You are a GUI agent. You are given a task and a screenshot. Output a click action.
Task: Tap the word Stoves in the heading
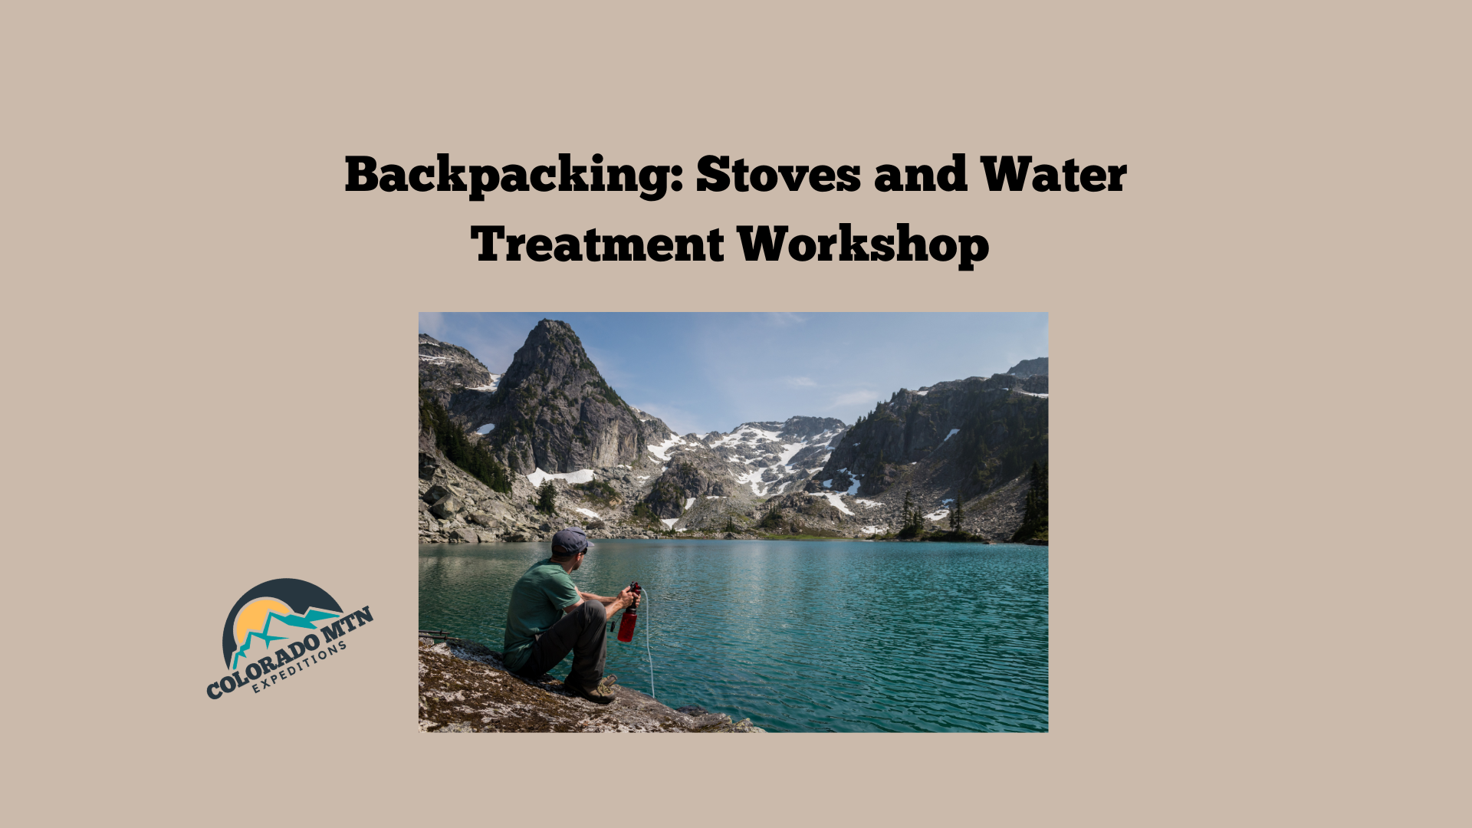coord(778,174)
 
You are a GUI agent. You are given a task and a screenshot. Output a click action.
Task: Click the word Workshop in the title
coord(863,245)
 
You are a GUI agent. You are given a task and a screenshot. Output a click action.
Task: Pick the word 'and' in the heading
coord(920,174)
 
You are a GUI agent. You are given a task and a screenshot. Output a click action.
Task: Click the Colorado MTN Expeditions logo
coord(289,639)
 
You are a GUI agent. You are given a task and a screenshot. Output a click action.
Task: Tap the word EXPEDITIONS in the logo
coord(301,667)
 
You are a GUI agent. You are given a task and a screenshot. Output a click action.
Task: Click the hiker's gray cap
coord(571,541)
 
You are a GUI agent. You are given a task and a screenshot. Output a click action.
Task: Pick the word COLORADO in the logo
coord(264,665)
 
